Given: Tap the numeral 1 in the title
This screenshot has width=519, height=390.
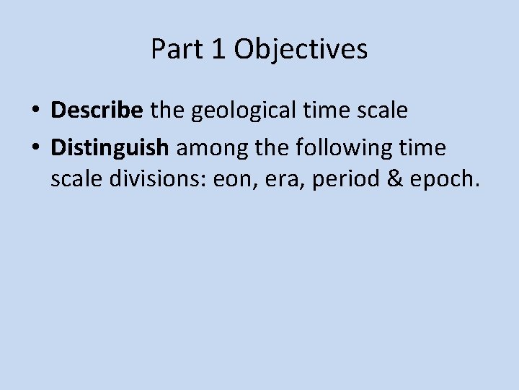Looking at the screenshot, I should point(218,49).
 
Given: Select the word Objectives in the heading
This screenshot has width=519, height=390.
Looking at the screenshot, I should point(301,50).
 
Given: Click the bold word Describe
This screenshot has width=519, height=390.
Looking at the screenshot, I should point(97,110).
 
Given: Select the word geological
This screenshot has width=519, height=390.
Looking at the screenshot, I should point(231,111).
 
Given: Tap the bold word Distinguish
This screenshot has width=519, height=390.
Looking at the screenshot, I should point(110,149).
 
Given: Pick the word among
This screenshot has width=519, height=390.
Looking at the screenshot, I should point(208,149).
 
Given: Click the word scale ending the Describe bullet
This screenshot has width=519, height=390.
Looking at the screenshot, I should point(383,110).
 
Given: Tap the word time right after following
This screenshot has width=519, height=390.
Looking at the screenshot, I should point(421,149).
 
